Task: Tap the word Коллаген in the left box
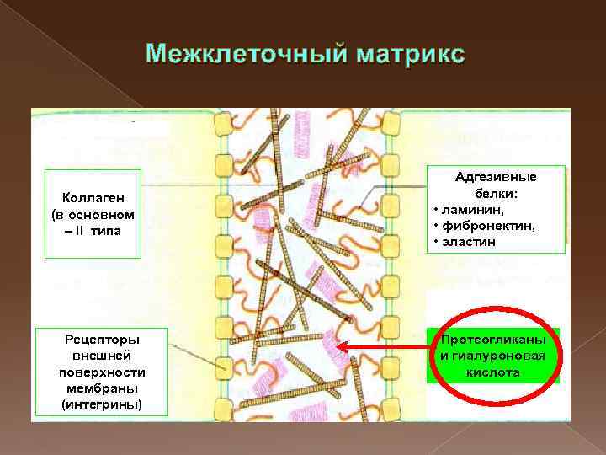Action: pos(93,197)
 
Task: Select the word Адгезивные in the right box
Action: pos(496,177)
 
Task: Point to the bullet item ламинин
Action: pos(468,209)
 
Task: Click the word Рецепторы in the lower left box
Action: pos(102,340)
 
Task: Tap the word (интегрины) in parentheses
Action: pos(102,404)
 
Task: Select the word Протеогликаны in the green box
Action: pos(493,340)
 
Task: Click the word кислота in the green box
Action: pos(492,372)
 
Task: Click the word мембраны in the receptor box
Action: pos(102,388)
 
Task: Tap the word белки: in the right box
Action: pos(496,193)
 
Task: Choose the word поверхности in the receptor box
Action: pos(102,372)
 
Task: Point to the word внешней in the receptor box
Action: pos(102,356)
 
